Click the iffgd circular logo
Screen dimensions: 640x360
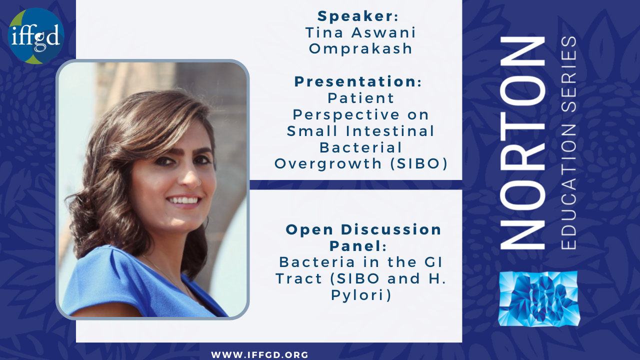click(36, 36)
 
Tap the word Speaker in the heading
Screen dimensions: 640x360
click(355, 16)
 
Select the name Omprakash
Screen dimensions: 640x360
click(360, 49)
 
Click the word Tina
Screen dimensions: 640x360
click(324, 32)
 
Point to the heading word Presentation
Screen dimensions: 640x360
click(355, 81)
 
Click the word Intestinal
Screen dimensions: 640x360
click(390, 131)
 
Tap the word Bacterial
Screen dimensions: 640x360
click(360, 147)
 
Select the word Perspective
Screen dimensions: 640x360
click(346, 115)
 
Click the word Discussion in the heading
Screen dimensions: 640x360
click(391, 229)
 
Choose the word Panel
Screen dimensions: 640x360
click(355, 246)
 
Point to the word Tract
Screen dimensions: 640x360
click(299, 278)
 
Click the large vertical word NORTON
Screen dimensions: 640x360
click(523, 143)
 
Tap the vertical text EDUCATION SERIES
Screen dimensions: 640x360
click(568, 143)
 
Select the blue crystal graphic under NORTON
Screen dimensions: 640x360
click(538, 298)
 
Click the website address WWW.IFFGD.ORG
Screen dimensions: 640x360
click(259, 355)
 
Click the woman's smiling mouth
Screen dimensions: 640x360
click(183, 200)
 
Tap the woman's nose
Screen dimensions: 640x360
click(189, 177)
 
